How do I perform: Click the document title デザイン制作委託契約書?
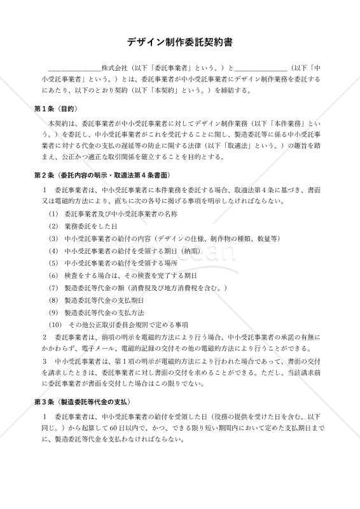(179, 43)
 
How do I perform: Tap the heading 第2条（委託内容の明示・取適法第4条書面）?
(102, 174)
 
